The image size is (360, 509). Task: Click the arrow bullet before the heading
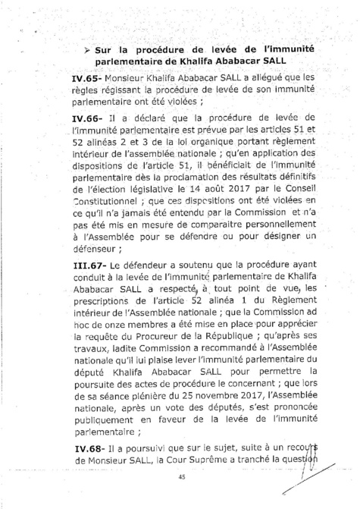[89, 50]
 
